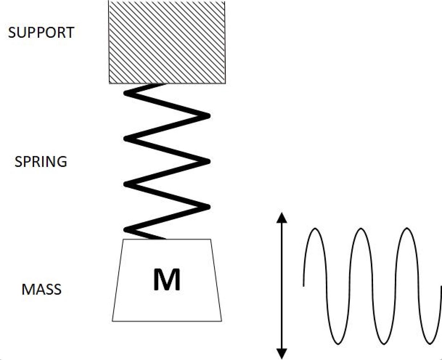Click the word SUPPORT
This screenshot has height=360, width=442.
coord(41,33)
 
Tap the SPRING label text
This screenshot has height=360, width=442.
coord(41,161)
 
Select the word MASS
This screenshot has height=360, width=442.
coord(41,290)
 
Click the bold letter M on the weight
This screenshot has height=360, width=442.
coord(167,280)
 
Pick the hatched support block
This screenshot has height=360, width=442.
coord(167,42)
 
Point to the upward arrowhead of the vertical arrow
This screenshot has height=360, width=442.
coord(282,217)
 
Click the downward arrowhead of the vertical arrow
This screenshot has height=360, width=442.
coord(282,354)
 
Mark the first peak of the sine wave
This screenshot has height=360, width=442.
coord(315,229)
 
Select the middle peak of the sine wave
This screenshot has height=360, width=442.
coord(361,229)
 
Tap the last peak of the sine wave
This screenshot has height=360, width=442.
coord(407,229)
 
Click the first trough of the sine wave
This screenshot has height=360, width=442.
coord(338,343)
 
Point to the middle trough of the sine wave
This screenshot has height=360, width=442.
coord(384,343)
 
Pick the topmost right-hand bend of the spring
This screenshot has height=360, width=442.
coord(208,116)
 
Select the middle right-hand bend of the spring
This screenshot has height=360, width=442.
coord(208,161)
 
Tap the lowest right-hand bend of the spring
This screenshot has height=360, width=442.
coord(208,207)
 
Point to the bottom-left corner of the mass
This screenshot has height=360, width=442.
coord(112,321)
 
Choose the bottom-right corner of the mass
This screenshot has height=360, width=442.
coord(221,321)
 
